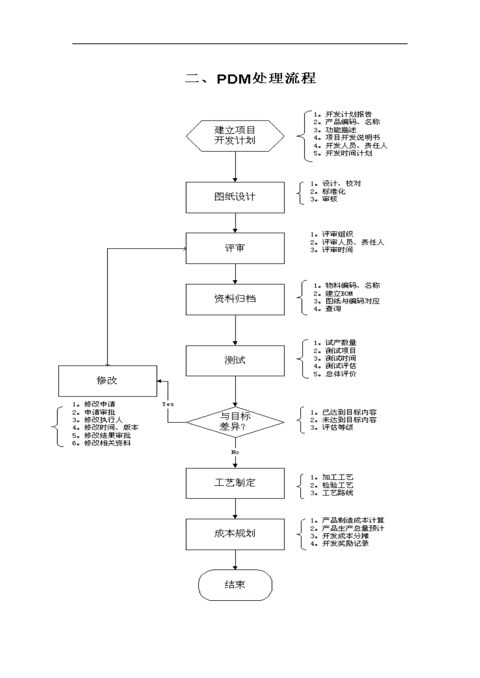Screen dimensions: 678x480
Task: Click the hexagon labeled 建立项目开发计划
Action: pos(235,136)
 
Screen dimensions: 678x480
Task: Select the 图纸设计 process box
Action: pos(235,197)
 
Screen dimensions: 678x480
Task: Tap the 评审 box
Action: pos(235,248)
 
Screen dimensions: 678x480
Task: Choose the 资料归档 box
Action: pos(235,299)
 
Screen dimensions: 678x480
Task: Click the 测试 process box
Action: pos(235,361)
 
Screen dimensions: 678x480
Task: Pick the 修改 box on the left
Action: pos(108,381)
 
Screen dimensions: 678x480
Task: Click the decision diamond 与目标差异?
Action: pos(235,422)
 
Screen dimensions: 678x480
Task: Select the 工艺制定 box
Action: pos(235,483)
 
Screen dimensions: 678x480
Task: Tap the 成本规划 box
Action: pos(235,534)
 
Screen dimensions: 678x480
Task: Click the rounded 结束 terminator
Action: pos(235,585)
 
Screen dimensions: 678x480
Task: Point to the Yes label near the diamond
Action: pos(168,404)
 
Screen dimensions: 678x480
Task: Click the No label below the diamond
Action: pos(235,452)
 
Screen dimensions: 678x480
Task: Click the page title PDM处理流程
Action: pos(251,79)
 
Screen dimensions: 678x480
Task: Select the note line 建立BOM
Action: pos(339,294)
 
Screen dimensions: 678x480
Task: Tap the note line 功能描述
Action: pos(341,130)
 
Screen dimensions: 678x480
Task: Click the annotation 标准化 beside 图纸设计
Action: pos(333,192)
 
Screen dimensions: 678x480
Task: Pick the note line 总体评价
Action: pos(341,374)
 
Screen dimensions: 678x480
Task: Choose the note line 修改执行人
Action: pos(103,420)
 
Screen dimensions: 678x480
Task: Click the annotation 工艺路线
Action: pos(338,493)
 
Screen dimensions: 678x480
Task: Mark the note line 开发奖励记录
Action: pos(346,544)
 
